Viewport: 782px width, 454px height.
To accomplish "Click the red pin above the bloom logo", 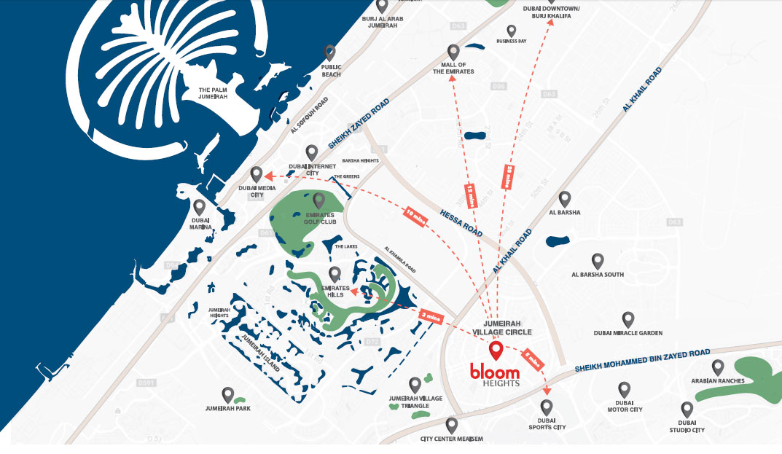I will click(496, 351).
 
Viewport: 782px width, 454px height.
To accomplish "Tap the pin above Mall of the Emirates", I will click(453, 52).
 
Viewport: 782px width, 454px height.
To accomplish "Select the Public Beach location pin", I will click(330, 52).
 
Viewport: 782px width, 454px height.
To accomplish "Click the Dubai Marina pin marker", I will click(200, 207).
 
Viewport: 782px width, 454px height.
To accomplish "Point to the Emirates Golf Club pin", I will click(318, 200).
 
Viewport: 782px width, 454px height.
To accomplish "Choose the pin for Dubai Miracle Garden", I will click(628, 318).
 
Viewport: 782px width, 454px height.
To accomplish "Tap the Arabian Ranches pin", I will click(718, 367).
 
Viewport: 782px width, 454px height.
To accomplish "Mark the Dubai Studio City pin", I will click(687, 410).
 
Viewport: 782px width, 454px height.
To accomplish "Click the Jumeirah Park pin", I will click(228, 395).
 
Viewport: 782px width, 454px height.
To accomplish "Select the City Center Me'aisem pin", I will click(452, 425).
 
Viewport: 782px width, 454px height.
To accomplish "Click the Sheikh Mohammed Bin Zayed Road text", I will click(641, 360).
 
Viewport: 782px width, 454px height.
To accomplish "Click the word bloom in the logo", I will click(495, 372).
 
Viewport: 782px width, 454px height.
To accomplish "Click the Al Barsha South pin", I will click(598, 261).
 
